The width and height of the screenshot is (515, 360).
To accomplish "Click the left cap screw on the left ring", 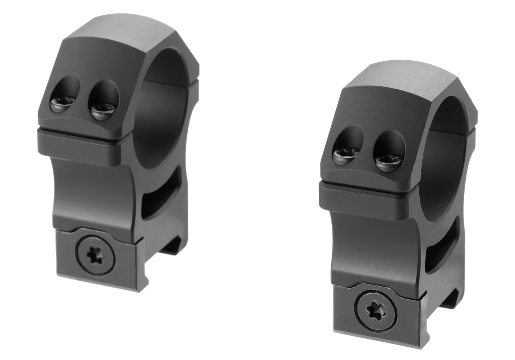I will pyautogui.click(x=60, y=105).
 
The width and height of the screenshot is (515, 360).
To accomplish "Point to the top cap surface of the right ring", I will pyautogui.click(x=408, y=81).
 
